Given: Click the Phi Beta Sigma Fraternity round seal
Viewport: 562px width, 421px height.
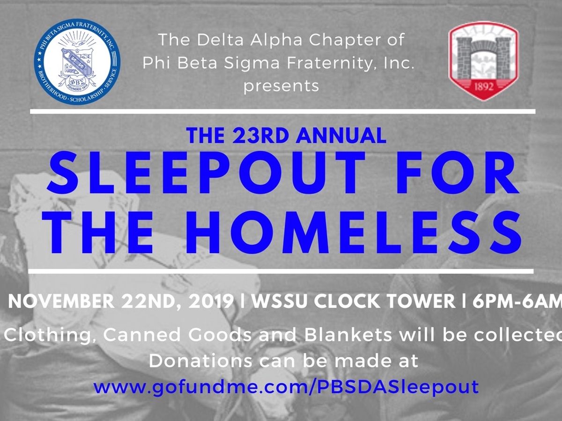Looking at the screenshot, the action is point(77,62).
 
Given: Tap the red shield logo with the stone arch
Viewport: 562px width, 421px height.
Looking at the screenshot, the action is point(484,61).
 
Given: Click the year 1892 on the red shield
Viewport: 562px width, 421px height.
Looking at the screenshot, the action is point(484,87).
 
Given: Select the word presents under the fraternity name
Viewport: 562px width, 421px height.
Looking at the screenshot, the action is point(281,86).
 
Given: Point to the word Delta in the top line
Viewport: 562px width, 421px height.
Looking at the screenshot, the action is point(220,40).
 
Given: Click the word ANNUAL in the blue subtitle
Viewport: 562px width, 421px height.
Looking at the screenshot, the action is point(341,136).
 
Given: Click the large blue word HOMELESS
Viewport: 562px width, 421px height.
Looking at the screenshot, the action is point(353,232).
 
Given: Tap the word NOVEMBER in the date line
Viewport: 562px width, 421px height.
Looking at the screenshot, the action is point(61,302).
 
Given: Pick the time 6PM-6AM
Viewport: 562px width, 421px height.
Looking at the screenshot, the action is point(517,302).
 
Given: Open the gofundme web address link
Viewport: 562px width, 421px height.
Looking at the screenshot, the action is point(286,387).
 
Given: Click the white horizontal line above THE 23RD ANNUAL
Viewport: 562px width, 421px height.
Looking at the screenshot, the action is point(283,111).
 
